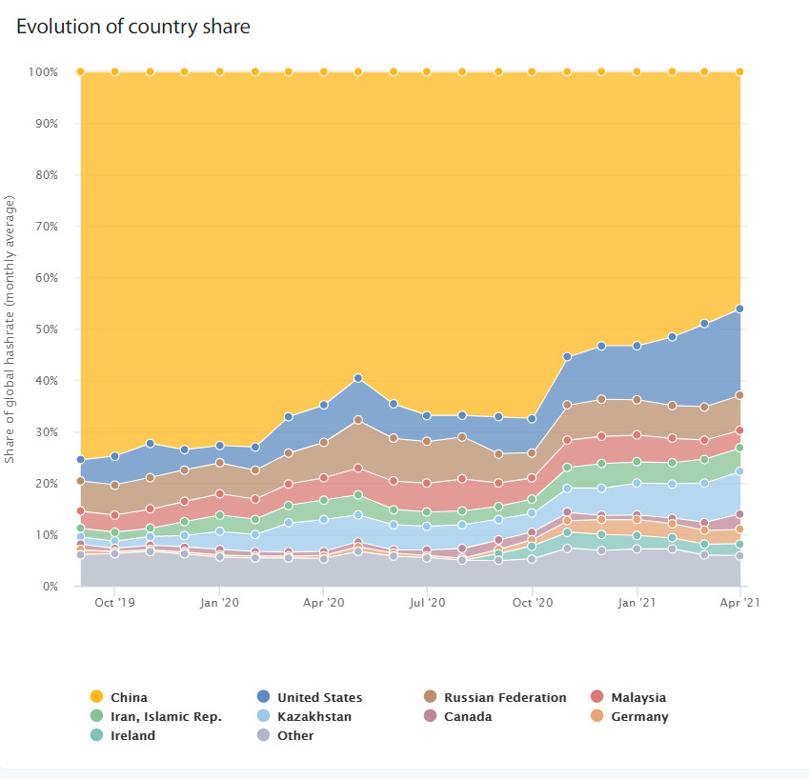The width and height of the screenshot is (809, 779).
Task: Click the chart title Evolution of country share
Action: pos(133,27)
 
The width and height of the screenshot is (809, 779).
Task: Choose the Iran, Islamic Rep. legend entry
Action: pos(155,716)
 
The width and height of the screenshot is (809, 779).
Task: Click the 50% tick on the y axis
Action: pos(45,330)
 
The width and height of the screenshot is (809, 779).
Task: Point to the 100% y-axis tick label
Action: pos(43,72)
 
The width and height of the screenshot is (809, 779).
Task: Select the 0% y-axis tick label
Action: pos(49,587)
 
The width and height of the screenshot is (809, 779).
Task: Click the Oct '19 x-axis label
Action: pos(115,603)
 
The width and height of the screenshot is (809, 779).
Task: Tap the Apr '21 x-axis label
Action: pos(739,603)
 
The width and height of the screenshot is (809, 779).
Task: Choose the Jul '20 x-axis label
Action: pos(427,603)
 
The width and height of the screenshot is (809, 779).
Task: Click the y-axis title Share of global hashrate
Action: pos(10,330)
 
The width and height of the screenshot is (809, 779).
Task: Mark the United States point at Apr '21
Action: pos(739,309)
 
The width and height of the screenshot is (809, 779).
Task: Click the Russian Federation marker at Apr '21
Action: pos(739,395)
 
